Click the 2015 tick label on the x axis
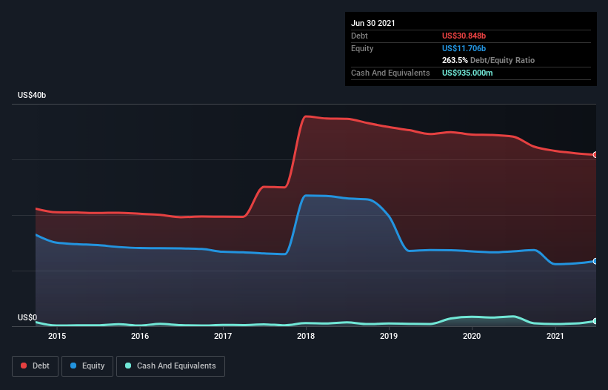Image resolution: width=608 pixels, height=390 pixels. [x=57, y=336]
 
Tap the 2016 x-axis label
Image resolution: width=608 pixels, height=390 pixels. [x=140, y=336]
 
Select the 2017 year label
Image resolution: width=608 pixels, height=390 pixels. [x=223, y=336]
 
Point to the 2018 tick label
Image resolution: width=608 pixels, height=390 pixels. [x=306, y=336]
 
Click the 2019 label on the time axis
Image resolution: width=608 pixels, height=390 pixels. [x=389, y=336]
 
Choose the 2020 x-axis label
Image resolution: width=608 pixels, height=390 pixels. [x=472, y=336]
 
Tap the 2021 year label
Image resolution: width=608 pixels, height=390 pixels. [x=555, y=336]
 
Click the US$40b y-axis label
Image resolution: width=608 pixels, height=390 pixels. [x=32, y=95]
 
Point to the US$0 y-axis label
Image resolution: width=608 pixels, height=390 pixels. [x=27, y=317]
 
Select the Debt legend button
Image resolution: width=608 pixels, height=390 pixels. [x=36, y=366]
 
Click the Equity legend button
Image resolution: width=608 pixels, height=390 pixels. [x=87, y=366]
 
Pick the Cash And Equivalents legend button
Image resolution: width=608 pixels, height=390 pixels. [x=170, y=366]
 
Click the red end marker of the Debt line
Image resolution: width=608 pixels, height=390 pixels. [x=595, y=155]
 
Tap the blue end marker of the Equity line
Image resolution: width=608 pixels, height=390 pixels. [x=595, y=261]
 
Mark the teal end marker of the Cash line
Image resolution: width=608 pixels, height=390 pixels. [x=595, y=321]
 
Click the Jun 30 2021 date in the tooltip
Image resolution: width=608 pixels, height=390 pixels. [x=373, y=23]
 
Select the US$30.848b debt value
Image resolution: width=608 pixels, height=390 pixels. [x=464, y=36]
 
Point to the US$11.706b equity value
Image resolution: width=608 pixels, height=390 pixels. [x=464, y=48]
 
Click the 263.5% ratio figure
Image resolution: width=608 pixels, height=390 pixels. [x=455, y=60]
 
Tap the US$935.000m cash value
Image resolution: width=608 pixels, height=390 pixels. [x=467, y=73]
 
